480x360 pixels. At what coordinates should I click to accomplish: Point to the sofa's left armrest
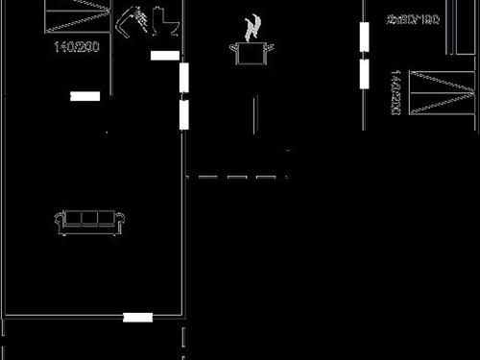coord(60,223)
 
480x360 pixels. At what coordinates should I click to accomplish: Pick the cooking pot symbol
coord(251,52)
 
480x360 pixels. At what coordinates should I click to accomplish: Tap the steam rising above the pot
coord(252,26)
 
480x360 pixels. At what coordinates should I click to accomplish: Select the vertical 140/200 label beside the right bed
coord(395,92)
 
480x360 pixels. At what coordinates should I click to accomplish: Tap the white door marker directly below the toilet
coord(164,56)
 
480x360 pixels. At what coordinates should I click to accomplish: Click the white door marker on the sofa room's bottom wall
coord(137,317)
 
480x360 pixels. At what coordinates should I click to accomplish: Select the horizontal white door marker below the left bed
coord(85,96)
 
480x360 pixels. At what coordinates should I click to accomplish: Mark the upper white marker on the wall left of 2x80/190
coord(365,36)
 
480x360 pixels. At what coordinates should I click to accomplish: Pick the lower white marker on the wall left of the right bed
coord(365,73)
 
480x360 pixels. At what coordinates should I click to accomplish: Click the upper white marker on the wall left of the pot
coord(183,78)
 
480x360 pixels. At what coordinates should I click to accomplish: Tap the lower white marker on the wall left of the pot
coord(183,114)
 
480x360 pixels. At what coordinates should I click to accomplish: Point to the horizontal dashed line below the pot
coord(237,177)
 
